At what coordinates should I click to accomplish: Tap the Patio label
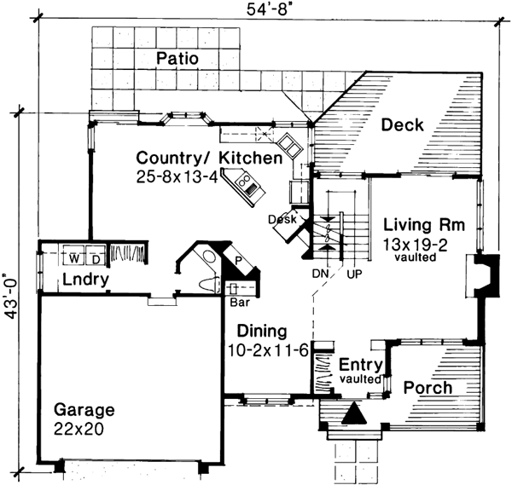177,59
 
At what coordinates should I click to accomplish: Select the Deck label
402,125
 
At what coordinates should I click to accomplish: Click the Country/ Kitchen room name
209,159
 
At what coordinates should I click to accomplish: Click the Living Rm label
423,226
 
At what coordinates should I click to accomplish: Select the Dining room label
261,332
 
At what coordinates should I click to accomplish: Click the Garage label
82,410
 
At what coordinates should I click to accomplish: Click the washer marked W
73,257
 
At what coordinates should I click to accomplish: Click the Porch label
428,388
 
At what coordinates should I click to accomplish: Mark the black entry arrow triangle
355,413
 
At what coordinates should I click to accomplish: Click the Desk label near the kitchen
282,219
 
